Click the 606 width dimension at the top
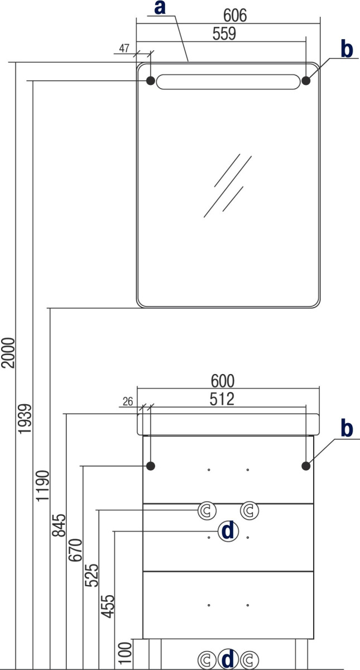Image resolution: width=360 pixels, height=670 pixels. [235, 15]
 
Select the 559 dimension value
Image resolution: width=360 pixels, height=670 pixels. [224, 33]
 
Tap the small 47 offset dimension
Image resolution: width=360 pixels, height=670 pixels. [124, 48]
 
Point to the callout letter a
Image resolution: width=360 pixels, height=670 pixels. [160, 7]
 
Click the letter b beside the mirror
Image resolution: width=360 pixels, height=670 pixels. [347, 49]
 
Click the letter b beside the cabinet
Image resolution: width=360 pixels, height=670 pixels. [347, 428]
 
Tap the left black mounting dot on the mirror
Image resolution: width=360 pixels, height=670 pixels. [150, 80]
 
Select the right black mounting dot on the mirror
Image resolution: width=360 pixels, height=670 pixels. [306, 80]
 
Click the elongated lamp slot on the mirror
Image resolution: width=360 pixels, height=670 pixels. [228, 82]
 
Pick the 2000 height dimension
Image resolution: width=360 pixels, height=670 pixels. [8, 353]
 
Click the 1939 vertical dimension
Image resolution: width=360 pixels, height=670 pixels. [25, 419]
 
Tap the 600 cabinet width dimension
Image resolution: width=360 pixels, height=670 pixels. [223, 381]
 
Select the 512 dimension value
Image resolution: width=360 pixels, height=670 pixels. [222, 399]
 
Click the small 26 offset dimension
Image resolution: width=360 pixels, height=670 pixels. [128, 401]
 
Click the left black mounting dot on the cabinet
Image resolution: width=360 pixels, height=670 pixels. [150, 466]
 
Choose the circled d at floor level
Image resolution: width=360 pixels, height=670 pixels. [228, 659]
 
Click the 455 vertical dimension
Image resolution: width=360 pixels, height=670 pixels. [108, 606]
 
